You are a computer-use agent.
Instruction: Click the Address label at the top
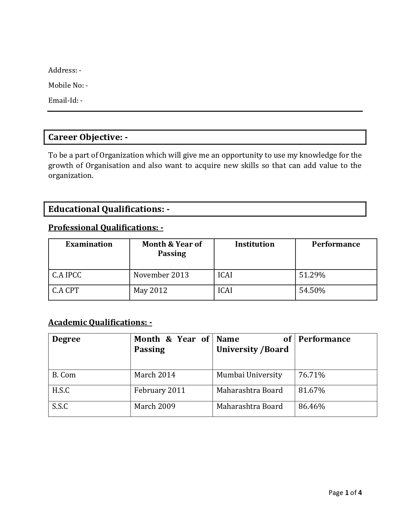pos(65,70)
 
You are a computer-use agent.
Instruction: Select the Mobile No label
pos(68,85)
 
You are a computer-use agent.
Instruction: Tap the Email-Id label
pos(65,101)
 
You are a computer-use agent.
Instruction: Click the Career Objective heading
pos(88,137)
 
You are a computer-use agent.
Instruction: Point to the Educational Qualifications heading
pos(109,209)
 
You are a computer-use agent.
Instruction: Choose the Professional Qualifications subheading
pos(105,228)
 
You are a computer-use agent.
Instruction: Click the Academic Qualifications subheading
pos(100,322)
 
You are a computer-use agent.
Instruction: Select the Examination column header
pos(89,244)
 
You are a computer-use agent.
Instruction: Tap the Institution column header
pos(255,244)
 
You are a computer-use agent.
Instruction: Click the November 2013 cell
pos(161,275)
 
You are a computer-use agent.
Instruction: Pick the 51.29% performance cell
pos(312,275)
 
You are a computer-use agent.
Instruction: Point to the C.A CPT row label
pos(66,291)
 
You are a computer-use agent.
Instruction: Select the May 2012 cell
pos(150,291)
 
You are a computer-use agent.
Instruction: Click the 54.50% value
pos(312,291)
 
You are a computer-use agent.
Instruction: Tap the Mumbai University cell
pos(249,375)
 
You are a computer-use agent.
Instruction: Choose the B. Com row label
pos(64,375)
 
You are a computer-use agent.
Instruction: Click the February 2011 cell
pos(160,391)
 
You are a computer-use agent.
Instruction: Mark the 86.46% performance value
pos(312,407)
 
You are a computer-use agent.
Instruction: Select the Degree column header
pos(66,339)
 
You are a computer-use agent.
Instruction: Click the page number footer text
pos(345,493)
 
